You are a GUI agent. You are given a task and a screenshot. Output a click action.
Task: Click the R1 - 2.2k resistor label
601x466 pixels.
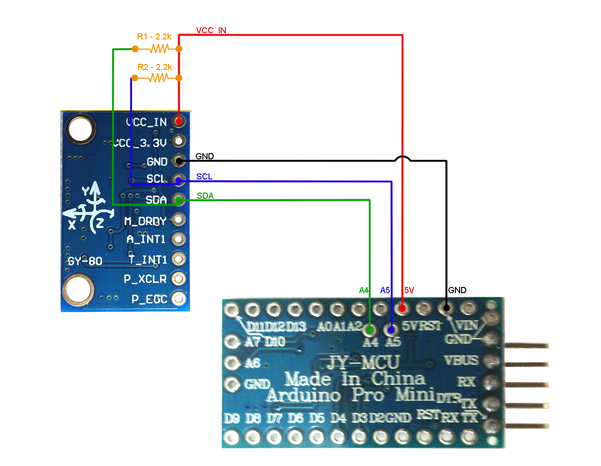coord(154,37)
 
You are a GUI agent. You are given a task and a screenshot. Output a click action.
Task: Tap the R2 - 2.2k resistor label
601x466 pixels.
coord(154,67)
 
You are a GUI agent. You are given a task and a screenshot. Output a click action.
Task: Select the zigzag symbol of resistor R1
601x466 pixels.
coord(159,49)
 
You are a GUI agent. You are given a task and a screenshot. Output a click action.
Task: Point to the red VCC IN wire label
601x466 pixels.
coord(211,31)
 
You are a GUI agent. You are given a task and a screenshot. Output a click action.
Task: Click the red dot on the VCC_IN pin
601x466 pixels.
coord(178,121)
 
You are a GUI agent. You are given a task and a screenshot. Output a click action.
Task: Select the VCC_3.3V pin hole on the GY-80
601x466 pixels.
coord(178,141)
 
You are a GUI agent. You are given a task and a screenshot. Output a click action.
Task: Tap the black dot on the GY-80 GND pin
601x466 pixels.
coord(178,161)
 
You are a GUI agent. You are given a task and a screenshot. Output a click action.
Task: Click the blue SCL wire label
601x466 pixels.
coord(204,177)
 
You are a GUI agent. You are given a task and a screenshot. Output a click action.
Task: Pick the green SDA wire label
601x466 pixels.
coord(205,196)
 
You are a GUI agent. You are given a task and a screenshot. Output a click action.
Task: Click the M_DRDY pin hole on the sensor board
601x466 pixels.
coord(178,219)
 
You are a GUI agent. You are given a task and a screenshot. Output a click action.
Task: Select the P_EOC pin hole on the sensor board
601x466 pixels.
coord(178,298)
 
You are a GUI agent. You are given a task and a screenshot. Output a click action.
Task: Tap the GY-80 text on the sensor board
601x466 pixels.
coord(85,261)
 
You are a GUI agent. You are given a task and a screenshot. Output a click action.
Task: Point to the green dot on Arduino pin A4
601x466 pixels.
coord(370,330)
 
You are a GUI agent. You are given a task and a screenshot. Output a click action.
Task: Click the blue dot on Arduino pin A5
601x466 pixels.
coord(391,330)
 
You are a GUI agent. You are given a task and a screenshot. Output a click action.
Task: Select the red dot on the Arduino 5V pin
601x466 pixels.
coord(402,309)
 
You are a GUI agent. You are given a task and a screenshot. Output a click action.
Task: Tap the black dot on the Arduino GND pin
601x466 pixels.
coord(446,309)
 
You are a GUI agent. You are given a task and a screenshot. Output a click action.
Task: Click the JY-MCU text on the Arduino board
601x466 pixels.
coord(363,362)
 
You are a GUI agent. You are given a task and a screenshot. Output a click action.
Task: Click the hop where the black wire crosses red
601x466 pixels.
coord(402,158)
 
